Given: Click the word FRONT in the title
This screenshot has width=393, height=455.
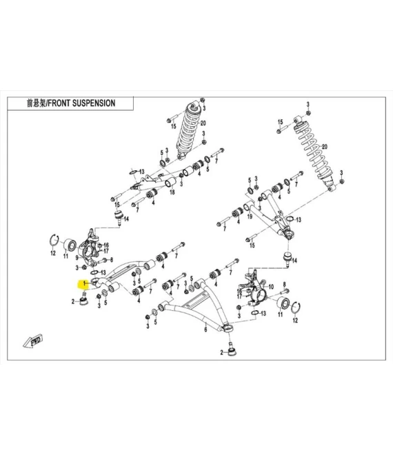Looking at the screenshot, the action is pyautogui.click(x=59, y=103).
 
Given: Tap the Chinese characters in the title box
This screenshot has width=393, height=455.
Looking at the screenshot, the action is pyautogui.click(x=37, y=103).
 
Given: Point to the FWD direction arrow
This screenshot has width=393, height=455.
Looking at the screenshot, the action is pyautogui.click(x=33, y=341).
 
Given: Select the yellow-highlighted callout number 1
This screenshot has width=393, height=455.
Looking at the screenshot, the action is pyautogui.click(x=85, y=283).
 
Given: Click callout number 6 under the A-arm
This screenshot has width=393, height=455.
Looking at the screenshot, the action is pyautogui.click(x=205, y=330).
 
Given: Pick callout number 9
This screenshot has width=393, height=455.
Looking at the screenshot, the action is pyautogui.click(x=77, y=257).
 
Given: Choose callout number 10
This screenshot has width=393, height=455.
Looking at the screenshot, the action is pyautogui.click(x=271, y=287).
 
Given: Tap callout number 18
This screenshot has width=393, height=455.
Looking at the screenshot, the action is pyautogui.click(x=172, y=192).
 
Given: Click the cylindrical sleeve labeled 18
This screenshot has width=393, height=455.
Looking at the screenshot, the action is pyautogui.click(x=170, y=182).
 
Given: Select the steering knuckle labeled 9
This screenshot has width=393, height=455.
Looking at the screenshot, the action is pyautogui.click(x=89, y=250).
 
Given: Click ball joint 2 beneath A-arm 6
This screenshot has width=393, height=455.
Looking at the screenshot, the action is pyautogui.click(x=232, y=350).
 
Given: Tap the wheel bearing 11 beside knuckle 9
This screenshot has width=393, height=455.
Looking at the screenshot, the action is pyautogui.click(x=70, y=247).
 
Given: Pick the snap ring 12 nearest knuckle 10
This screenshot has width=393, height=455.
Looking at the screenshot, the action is pyautogui.click(x=296, y=308).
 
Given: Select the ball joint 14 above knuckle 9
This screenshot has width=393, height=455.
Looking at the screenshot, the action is pyautogui.click(x=119, y=217).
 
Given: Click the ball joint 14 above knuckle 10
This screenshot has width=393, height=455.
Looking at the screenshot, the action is pyautogui.click(x=288, y=259).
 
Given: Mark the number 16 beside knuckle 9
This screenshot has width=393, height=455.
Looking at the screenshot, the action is pyautogui.click(x=106, y=245).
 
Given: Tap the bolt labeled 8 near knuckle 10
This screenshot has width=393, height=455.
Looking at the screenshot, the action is pyautogui.click(x=285, y=291).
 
